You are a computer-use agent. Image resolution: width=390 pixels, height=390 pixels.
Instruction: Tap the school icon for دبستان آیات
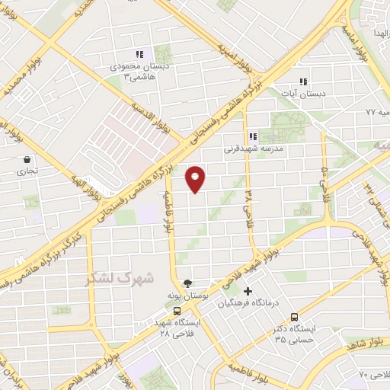pyautogui.click(x=303, y=82)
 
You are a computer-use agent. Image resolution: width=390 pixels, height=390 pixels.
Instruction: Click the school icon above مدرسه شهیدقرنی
pyautogui.click(x=253, y=137)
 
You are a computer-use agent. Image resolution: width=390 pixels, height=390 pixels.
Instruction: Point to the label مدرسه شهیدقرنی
pyautogui.click(x=253, y=149)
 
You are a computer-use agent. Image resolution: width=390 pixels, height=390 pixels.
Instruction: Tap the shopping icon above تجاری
pyautogui.click(x=28, y=160)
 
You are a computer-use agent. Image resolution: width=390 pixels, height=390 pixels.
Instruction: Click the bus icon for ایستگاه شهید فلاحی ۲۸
pyautogui.click(x=177, y=311)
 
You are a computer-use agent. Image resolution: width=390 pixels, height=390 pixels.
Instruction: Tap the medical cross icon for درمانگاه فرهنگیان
pyautogui.click(x=247, y=291)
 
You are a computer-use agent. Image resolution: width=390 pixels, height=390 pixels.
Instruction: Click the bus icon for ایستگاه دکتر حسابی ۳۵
pyautogui.click(x=294, y=318)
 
